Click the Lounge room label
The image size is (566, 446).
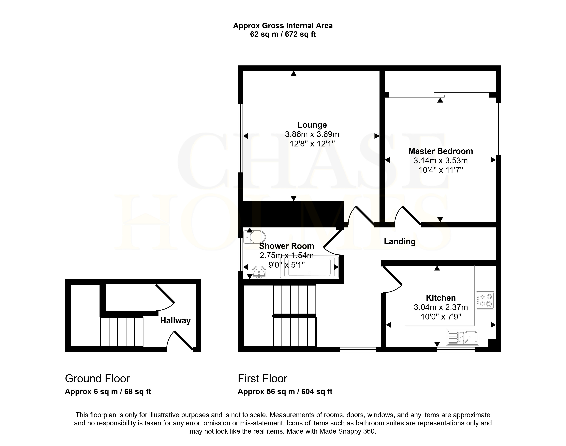tap(312, 125)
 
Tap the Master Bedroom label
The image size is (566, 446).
tap(441, 151)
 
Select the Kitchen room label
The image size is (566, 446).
tap(441, 298)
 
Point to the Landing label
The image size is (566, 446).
tap(400, 242)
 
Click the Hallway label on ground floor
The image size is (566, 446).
tap(175, 320)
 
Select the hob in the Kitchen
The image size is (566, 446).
tap(485, 300)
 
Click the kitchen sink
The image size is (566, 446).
tap(463, 337)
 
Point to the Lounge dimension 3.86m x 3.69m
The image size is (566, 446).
tap(312, 134)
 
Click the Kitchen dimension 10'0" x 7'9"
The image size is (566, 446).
tap(441, 317)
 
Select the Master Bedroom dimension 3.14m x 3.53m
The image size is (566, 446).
tap(441, 161)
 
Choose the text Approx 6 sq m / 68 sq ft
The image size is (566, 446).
tap(108, 392)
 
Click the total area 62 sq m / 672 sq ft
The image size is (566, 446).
tap(283, 34)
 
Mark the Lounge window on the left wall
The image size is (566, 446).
tap(240, 138)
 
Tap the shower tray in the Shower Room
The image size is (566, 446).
tap(309, 268)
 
